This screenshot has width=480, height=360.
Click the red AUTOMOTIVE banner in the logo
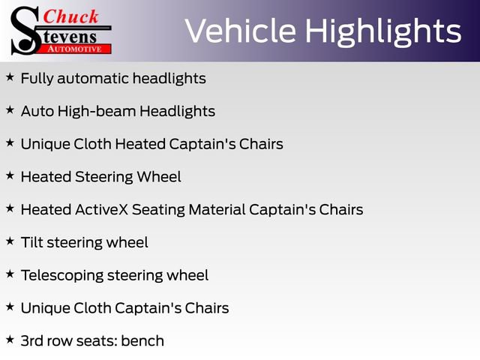[73, 49]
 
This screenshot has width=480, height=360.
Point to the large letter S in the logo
[25, 31]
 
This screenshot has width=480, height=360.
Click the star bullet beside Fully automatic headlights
[10, 77]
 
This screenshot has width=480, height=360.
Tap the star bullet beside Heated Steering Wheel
[10, 176]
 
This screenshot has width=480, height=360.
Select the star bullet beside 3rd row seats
[10, 340]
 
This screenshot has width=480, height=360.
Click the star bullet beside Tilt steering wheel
[10, 241]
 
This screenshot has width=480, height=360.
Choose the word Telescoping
[61, 275]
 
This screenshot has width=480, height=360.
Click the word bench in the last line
[142, 340]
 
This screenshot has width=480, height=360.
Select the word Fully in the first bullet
[37, 78]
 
